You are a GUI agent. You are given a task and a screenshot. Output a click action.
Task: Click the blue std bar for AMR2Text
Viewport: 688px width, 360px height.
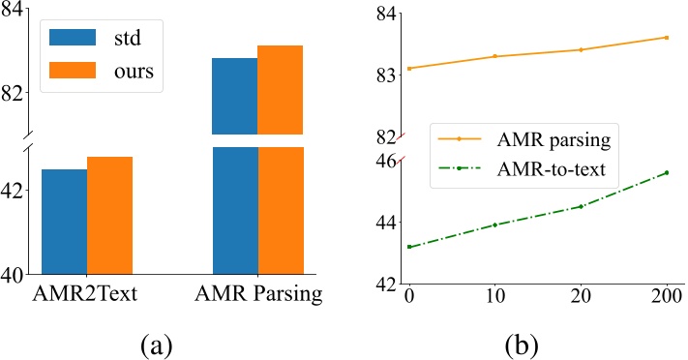tap(64, 222)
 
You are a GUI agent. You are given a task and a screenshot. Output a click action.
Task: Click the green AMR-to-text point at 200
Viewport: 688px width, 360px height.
tap(666, 172)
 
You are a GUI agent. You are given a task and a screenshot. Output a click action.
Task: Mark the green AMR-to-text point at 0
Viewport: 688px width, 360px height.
tap(409, 247)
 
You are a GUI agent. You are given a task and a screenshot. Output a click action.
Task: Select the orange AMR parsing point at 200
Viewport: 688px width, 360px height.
tap(666, 37)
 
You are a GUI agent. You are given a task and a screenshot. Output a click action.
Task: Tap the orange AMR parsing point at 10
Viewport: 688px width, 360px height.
tap(494, 56)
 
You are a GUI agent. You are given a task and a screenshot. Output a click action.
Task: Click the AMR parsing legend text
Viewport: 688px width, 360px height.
tap(549, 140)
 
